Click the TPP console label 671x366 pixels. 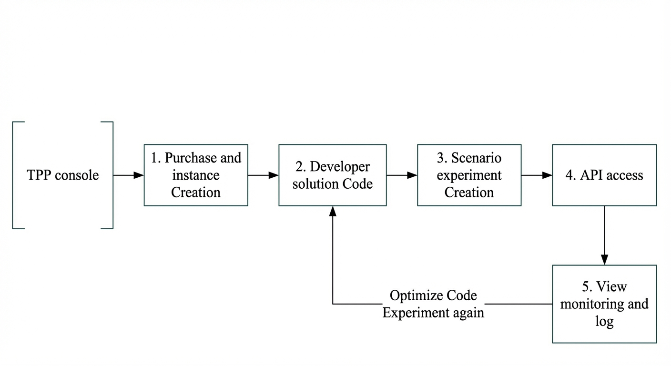(x=63, y=175)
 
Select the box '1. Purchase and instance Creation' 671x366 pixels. (x=196, y=175)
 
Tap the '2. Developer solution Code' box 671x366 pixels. (x=333, y=175)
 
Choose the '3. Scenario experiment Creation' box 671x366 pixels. (x=469, y=175)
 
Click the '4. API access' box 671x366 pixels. (x=604, y=175)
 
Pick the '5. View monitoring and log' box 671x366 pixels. (x=604, y=304)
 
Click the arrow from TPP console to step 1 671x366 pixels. (x=129, y=175)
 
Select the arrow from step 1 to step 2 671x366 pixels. (x=264, y=175)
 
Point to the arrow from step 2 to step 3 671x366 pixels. (x=402, y=175)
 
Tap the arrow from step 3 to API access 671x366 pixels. (x=537, y=175)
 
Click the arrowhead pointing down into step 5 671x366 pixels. (x=604, y=260)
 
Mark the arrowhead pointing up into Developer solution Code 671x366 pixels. (x=333, y=211)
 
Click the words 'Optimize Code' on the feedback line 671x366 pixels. (x=433, y=295)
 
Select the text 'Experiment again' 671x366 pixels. (x=433, y=313)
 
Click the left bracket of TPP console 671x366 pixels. (x=12, y=175)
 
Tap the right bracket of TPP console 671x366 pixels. (x=112, y=175)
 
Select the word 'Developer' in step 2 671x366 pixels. (x=340, y=167)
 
